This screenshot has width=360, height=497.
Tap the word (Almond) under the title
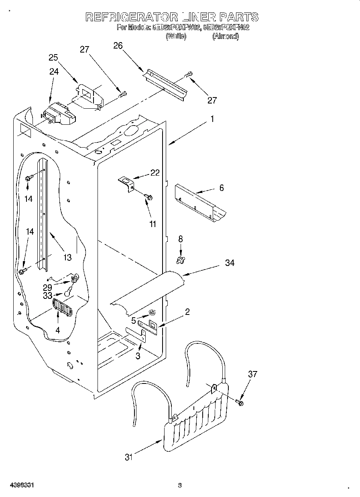click(226, 37)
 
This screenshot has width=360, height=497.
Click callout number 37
click(252, 374)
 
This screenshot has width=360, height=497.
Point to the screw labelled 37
click(240, 402)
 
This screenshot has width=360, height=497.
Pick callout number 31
click(128, 456)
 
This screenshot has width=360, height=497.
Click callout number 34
click(230, 263)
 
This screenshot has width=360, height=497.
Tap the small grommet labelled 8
click(180, 261)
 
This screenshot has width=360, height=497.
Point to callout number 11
click(153, 224)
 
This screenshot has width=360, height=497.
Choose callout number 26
click(118, 46)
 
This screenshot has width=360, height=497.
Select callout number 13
click(67, 257)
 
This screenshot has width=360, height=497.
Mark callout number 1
click(212, 119)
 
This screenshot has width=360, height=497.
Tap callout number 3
click(138, 356)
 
